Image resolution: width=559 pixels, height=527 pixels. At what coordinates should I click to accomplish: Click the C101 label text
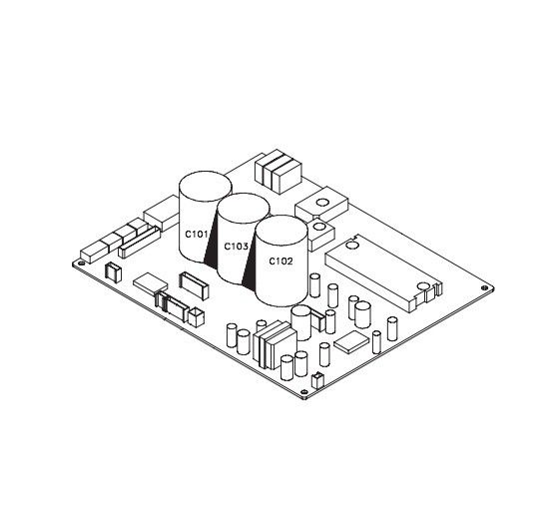(196, 235)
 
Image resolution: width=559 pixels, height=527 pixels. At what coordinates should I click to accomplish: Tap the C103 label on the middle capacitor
(236, 247)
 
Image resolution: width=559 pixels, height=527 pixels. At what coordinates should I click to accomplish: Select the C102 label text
(280, 262)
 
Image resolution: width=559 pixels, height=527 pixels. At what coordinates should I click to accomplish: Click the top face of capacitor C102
(281, 230)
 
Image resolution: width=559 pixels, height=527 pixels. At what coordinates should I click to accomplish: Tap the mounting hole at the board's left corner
(81, 263)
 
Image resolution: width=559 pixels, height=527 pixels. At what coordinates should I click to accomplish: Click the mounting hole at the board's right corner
(485, 287)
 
